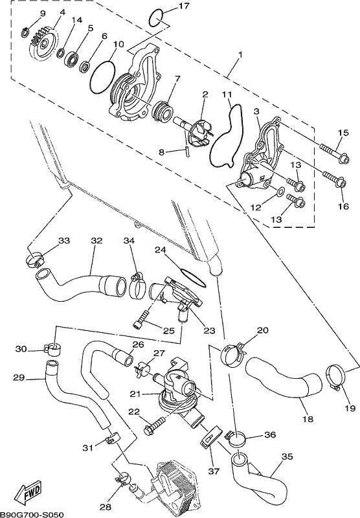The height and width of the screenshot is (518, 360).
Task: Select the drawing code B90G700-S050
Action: pyautogui.click(x=32, y=514)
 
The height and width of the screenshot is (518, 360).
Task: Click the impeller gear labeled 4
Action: pyautogui.click(x=43, y=44)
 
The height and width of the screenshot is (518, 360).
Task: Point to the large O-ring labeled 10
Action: pyautogui.click(x=102, y=76)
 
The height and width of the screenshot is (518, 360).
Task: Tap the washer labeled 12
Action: pyautogui.click(x=281, y=191)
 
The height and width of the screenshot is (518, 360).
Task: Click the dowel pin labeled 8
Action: pyautogui.click(x=186, y=150)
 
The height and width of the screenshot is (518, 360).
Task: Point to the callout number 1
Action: pyautogui.click(x=241, y=54)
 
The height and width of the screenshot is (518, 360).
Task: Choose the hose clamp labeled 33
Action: pyautogui.click(x=35, y=260)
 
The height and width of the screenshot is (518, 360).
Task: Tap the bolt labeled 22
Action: pyautogui.click(x=155, y=425)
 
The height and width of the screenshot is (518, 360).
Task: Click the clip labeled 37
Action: pyautogui.click(x=210, y=438)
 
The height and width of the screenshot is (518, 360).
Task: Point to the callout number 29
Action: pyautogui.click(x=19, y=377)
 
